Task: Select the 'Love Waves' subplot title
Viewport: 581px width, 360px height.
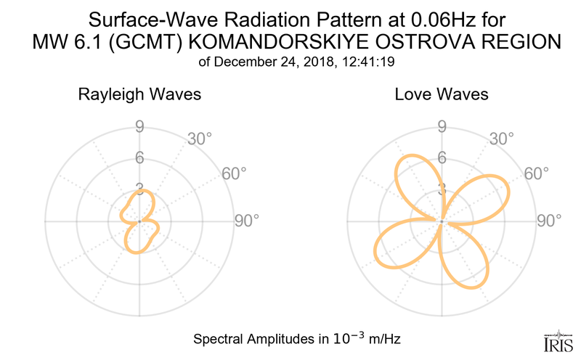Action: coord(442,95)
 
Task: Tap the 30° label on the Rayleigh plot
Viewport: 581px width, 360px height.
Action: coord(200,139)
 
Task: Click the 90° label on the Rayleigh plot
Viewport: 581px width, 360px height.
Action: coord(246,221)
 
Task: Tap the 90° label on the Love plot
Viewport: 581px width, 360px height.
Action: coord(550,221)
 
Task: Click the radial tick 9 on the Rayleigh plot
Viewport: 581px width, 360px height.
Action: coord(139,128)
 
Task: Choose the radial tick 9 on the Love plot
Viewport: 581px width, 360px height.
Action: coord(441,128)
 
